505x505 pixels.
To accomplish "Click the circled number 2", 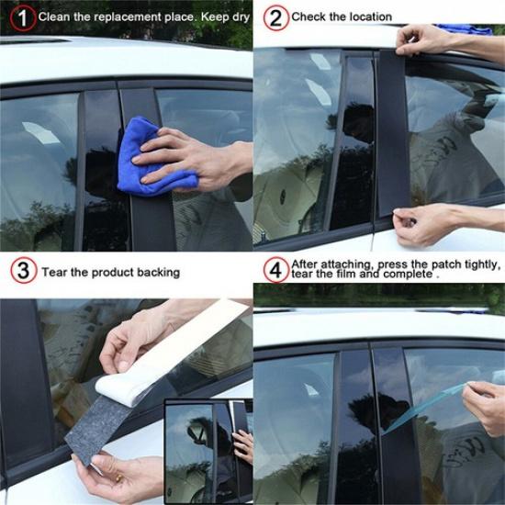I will [x=273, y=17].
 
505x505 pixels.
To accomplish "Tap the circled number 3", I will [x=21, y=272].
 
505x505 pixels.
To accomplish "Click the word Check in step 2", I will [x=309, y=17].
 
